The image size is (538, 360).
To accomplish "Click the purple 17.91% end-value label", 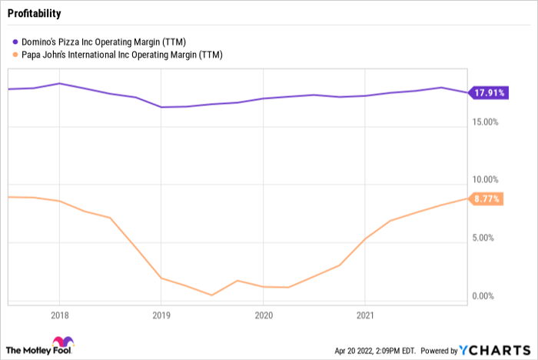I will coord(489,93).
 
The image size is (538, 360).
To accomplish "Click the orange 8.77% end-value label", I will coord(487,198).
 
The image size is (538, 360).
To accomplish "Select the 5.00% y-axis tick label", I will coord(486,238).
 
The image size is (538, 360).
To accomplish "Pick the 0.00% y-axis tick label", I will coord(486,296).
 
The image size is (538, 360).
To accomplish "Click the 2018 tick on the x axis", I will coord(59,315).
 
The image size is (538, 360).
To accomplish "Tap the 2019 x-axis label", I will coord(161,315).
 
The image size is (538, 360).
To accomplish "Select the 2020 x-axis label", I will coord(263,315).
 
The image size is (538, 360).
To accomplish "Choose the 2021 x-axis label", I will coord(365,315).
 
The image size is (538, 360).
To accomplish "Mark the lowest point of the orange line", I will coord(211,295).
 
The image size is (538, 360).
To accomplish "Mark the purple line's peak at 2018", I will coord(60,83).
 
